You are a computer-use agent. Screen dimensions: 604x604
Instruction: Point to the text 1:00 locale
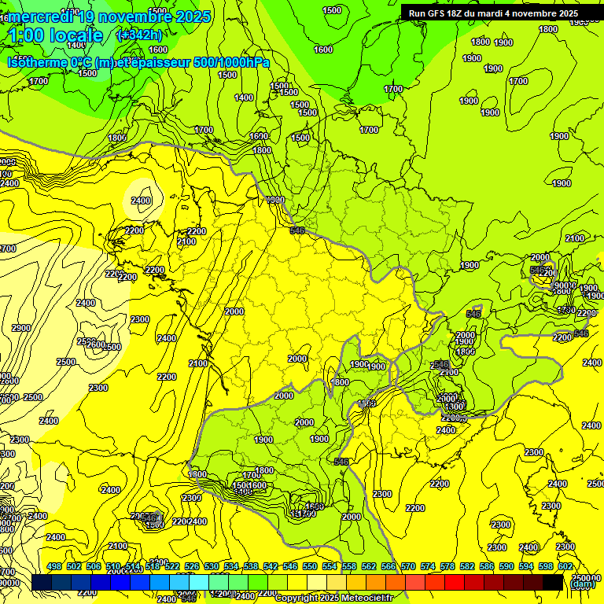(x=56, y=35)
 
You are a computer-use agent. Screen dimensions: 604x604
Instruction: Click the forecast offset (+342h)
(x=139, y=35)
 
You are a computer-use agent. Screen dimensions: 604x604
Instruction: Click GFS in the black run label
(x=437, y=13)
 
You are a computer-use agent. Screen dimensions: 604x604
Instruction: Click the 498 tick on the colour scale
(x=54, y=566)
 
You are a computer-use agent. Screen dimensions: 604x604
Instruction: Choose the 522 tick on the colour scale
(x=172, y=566)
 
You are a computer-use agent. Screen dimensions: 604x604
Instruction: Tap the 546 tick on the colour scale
(x=290, y=566)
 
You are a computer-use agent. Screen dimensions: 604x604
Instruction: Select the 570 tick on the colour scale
(x=408, y=566)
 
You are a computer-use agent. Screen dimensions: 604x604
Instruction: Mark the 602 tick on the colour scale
(x=565, y=566)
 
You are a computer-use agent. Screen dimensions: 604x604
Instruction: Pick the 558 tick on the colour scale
(x=349, y=566)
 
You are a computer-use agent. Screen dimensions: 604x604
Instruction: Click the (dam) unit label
(x=582, y=584)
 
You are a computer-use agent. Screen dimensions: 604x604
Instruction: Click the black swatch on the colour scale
(x=553, y=582)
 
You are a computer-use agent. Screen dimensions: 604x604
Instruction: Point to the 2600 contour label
(x=95, y=345)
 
